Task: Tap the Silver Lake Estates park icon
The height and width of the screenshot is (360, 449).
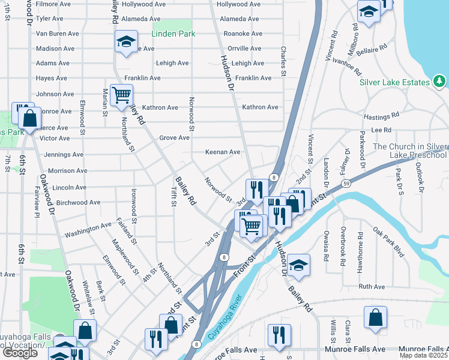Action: (439, 82)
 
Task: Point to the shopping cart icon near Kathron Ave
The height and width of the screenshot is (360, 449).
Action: (122, 95)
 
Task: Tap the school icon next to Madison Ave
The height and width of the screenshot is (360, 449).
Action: (126, 41)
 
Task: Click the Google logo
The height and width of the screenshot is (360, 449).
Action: (19, 352)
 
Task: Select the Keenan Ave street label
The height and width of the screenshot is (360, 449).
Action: (223, 152)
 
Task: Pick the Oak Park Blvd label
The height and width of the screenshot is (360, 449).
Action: (388, 242)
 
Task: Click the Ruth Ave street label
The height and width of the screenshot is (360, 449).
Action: (371, 287)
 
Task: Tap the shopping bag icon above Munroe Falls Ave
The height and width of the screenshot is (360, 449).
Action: (375, 317)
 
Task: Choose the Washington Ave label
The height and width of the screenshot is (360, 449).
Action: (88, 226)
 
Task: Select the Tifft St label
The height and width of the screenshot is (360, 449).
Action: (173, 196)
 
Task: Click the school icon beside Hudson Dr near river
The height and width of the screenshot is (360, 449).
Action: (298, 265)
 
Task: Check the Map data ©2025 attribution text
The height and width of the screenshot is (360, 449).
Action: (423, 355)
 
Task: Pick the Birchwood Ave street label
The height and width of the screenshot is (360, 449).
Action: (77, 203)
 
